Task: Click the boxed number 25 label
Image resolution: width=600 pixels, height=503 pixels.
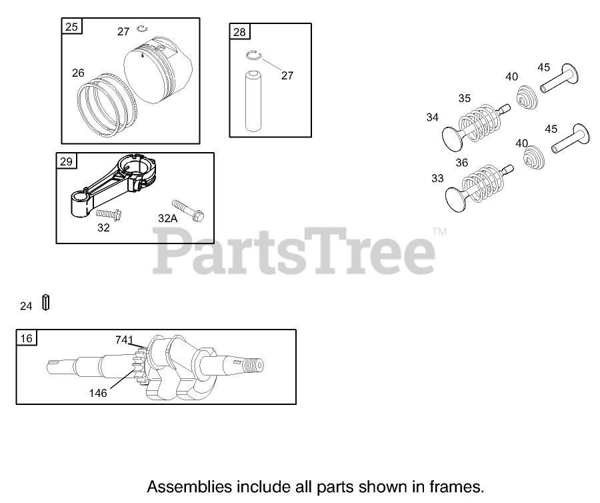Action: tap(71, 27)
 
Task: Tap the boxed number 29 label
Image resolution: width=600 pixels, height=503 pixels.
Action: tap(67, 161)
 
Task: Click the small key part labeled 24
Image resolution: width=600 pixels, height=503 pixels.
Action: tap(46, 302)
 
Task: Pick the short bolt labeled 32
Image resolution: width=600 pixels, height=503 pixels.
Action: tap(107, 214)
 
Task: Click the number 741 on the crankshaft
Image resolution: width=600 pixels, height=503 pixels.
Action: tap(124, 340)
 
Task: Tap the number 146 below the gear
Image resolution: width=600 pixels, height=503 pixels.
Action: tap(98, 393)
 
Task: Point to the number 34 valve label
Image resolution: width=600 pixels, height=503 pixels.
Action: tap(433, 117)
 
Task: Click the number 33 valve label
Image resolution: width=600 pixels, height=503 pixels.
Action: tap(437, 178)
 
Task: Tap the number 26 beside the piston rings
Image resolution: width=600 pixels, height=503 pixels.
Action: tap(79, 73)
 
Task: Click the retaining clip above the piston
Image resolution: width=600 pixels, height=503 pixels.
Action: tap(141, 27)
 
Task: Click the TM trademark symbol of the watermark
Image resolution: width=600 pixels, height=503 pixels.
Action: tap(439, 231)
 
